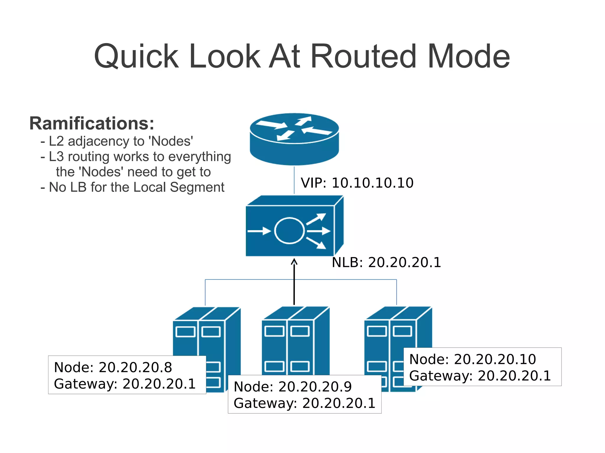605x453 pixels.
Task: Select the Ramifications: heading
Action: coord(92,123)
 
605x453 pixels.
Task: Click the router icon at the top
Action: coord(294,139)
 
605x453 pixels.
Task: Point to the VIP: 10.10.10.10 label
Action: coord(357,183)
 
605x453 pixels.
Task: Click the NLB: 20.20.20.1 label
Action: coord(386,262)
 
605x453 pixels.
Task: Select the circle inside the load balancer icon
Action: coord(289,230)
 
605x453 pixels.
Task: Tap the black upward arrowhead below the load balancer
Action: coord(294,261)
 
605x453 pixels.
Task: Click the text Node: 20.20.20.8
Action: coord(113,367)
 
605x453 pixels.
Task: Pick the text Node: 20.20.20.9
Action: coord(292,387)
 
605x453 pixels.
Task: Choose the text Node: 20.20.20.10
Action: coord(472,359)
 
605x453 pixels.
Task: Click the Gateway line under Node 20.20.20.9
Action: coord(304,403)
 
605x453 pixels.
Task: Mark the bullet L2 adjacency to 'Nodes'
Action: coord(117,141)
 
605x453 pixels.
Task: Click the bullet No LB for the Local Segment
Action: coord(133,187)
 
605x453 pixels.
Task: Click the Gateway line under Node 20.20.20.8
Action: coord(125,384)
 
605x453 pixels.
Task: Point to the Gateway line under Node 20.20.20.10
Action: coord(480,376)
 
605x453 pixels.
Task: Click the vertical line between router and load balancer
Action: coord(294,180)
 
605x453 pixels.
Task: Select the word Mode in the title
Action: coord(469,56)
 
